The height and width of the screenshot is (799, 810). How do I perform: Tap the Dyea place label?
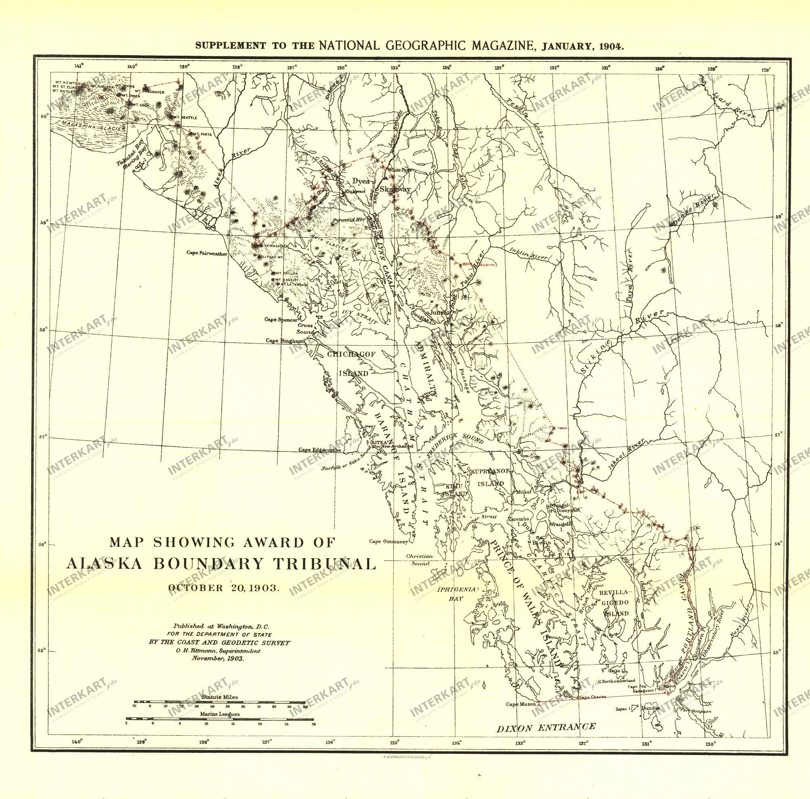point(361,181)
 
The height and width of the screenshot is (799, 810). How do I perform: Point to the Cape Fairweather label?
point(207,253)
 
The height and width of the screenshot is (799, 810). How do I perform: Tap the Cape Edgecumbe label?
point(319,450)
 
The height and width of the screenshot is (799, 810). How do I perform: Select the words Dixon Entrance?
point(546,727)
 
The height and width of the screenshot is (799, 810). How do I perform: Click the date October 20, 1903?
point(223,588)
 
